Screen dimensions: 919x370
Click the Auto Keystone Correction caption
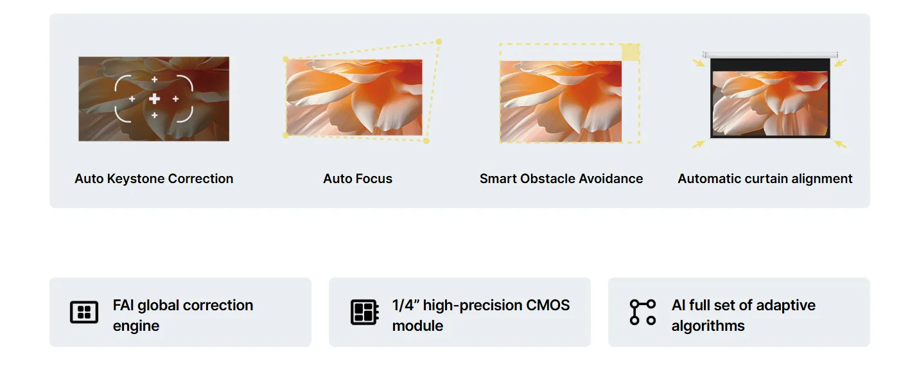(x=154, y=179)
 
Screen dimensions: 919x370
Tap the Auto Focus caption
(x=358, y=179)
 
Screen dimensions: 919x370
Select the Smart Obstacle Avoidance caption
(x=561, y=179)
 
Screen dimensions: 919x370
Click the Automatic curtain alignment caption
(x=765, y=179)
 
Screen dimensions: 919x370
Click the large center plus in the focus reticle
(x=154, y=98)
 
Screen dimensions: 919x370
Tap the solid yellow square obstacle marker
(x=631, y=52)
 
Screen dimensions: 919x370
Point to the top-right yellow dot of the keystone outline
(x=439, y=41)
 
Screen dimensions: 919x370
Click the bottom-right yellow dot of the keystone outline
(x=426, y=141)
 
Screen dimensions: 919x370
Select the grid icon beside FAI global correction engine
(x=84, y=312)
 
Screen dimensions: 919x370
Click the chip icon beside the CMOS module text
(x=364, y=312)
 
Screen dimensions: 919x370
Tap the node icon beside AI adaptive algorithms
(x=643, y=312)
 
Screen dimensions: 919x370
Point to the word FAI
(x=123, y=305)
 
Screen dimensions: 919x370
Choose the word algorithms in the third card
(x=708, y=326)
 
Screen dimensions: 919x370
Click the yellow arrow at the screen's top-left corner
(x=698, y=63)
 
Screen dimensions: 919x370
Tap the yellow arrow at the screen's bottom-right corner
(x=840, y=144)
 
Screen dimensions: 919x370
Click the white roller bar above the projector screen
(x=770, y=55)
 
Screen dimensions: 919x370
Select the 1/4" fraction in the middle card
(x=405, y=305)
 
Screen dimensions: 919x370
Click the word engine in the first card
(x=136, y=326)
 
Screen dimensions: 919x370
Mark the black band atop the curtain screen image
(x=770, y=65)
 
